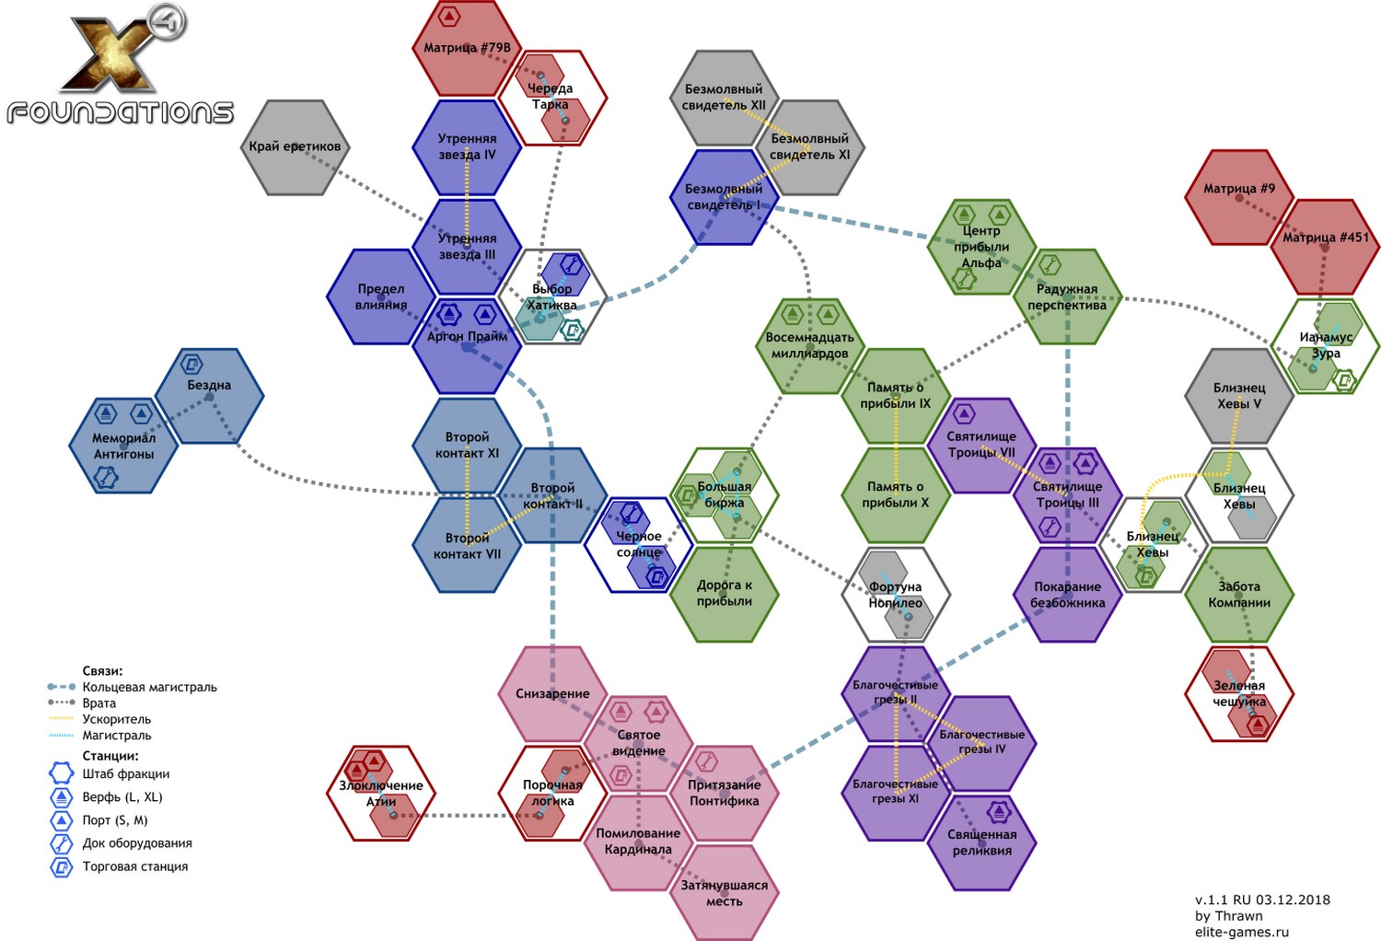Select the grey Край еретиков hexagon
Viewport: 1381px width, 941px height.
[295, 147]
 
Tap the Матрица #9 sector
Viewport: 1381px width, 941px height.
[1239, 197]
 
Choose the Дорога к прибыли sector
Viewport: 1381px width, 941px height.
[725, 594]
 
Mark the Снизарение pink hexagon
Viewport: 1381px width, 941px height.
[552, 693]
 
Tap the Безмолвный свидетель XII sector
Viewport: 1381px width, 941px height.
[724, 98]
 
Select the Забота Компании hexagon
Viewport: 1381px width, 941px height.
[1239, 595]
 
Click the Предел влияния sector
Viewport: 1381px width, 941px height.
[381, 296]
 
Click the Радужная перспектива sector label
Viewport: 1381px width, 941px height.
[1067, 296]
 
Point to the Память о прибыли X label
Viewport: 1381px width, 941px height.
[896, 494]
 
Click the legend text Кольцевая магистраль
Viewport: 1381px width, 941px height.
[149, 687]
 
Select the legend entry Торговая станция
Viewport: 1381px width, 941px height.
[134, 866]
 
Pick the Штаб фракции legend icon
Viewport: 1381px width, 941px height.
[62, 773]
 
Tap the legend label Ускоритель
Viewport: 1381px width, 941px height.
[116, 719]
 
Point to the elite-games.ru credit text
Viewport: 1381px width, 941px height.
[1241, 932]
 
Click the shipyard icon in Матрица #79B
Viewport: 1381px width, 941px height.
[448, 17]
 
